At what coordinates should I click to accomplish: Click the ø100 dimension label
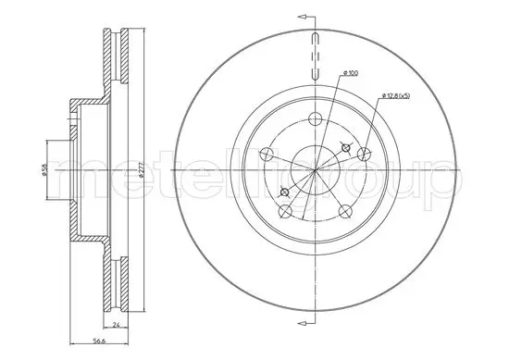(351, 73)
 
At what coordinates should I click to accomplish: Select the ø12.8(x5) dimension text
(396, 95)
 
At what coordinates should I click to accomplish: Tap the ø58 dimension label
(44, 169)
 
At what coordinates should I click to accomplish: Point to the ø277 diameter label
(141, 170)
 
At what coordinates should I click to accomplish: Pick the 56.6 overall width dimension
(99, 341)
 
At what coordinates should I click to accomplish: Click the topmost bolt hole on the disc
(315, 118)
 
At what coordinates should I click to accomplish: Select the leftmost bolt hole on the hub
(267, 154)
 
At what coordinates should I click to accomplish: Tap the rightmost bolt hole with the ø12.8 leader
(364, 154)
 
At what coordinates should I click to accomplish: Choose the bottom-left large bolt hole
(285, 211)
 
